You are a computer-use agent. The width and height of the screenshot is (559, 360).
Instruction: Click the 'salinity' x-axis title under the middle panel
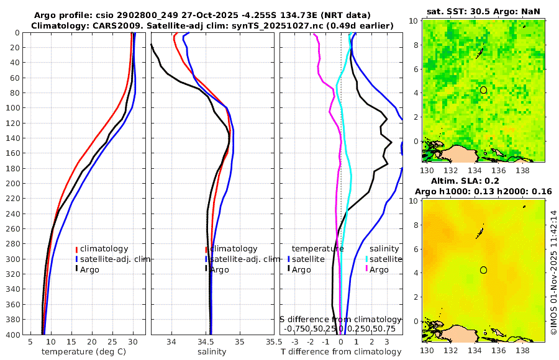pyautogui.click(x=211, y=352)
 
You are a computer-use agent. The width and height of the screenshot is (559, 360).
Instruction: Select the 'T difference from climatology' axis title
pyautogui.click(x=340, y=352)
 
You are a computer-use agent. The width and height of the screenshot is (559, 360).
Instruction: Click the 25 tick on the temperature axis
pyautogui.click(x=112, y=342)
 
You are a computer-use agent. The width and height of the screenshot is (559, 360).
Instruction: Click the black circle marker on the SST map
pyautogui.click(x=483, y=90)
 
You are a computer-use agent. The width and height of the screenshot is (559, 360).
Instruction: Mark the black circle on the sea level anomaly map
pyautogui.click(x=483, y=270)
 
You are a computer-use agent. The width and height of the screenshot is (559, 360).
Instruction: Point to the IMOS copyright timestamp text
pyautogui.click(x=553, y=273)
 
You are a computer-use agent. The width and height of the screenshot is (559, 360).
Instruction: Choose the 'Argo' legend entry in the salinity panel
pyautogui.click(x=220, y=269)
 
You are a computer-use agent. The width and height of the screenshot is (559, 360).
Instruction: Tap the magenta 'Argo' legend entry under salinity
pyautogui.click(x=379, y=269)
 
